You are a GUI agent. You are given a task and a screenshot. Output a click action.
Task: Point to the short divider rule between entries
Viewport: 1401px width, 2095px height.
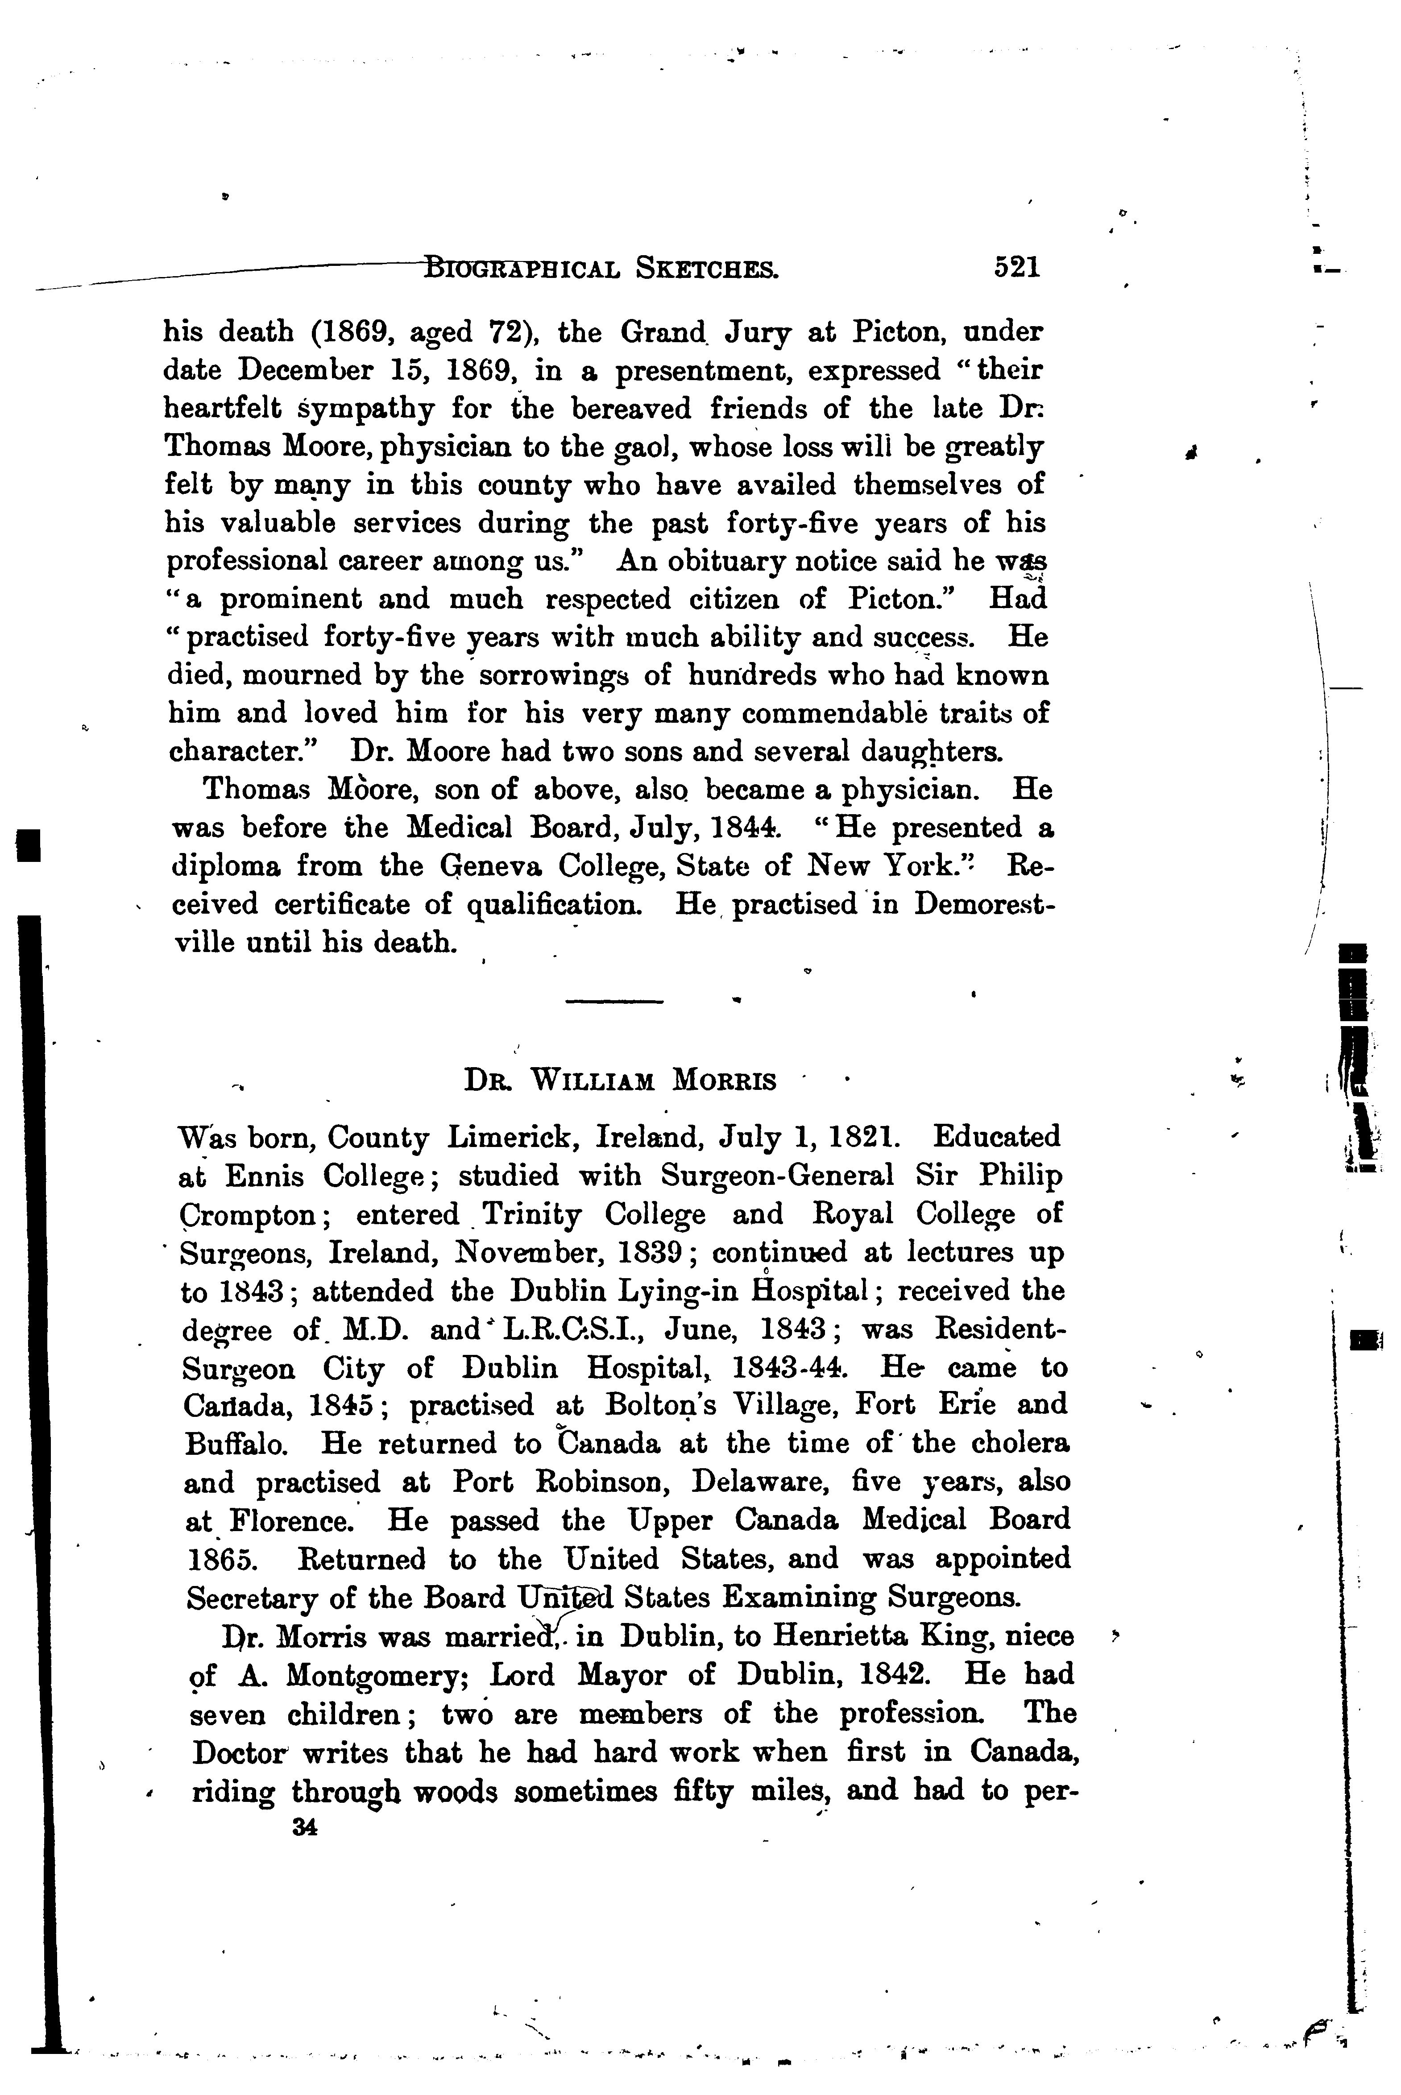pyautogui.click(x=615, y=1001)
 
